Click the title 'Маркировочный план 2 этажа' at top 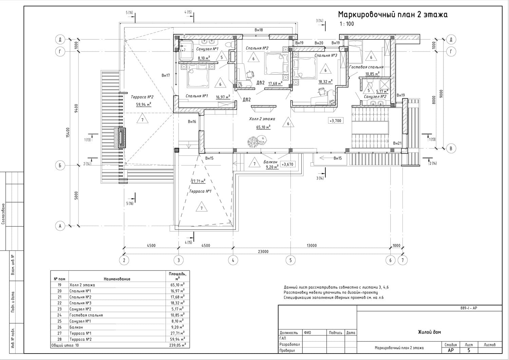pos(393,15)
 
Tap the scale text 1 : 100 pos(347,24)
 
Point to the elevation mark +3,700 pos(336,121)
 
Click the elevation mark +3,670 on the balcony pos(287,164)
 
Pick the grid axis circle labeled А pos(60,226)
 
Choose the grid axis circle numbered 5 pos(290,260)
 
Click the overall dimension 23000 pos(263,251)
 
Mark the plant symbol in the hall pos(257,141)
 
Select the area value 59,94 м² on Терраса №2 pos(144,105)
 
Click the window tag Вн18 pos(259,30)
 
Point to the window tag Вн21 pos(397,143)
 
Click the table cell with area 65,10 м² pos(177,285)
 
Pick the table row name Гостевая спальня pos(86,315)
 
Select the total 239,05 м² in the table pos(177,345)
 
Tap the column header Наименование pos(117,279)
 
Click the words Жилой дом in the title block pos(429,332)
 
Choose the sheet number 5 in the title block pos(469,350)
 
